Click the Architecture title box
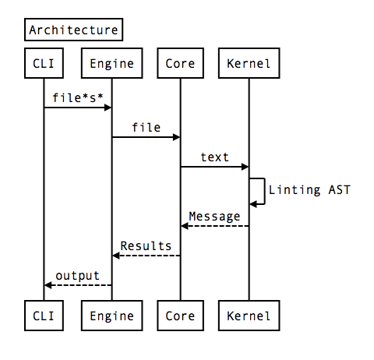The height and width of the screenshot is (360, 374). (x=73, y=30)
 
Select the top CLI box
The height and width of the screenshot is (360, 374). (x=44, y=63)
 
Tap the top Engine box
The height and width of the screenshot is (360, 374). (x=112, y=63)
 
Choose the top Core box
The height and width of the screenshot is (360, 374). (x=181, y=63)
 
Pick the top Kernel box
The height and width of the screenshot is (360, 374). (x=249, y=63)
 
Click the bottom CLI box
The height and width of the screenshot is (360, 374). (x=44, y=316)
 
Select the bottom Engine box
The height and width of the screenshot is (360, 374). (x=112, y=316)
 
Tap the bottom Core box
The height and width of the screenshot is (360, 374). (x=181, y=316)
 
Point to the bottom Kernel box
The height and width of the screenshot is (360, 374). (x=249, y=316)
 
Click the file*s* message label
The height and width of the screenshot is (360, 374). (x=78, y=97)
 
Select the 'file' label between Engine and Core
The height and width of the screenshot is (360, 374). (x=146, y=127)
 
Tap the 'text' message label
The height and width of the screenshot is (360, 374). (x=215, y=157)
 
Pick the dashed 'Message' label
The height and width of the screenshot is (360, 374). (x=215, y=216)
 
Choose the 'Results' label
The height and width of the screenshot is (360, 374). (x=146, y=245)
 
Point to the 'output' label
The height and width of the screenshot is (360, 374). (x=78, y=275)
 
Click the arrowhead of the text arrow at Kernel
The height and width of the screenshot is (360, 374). (x=245, y=167)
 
